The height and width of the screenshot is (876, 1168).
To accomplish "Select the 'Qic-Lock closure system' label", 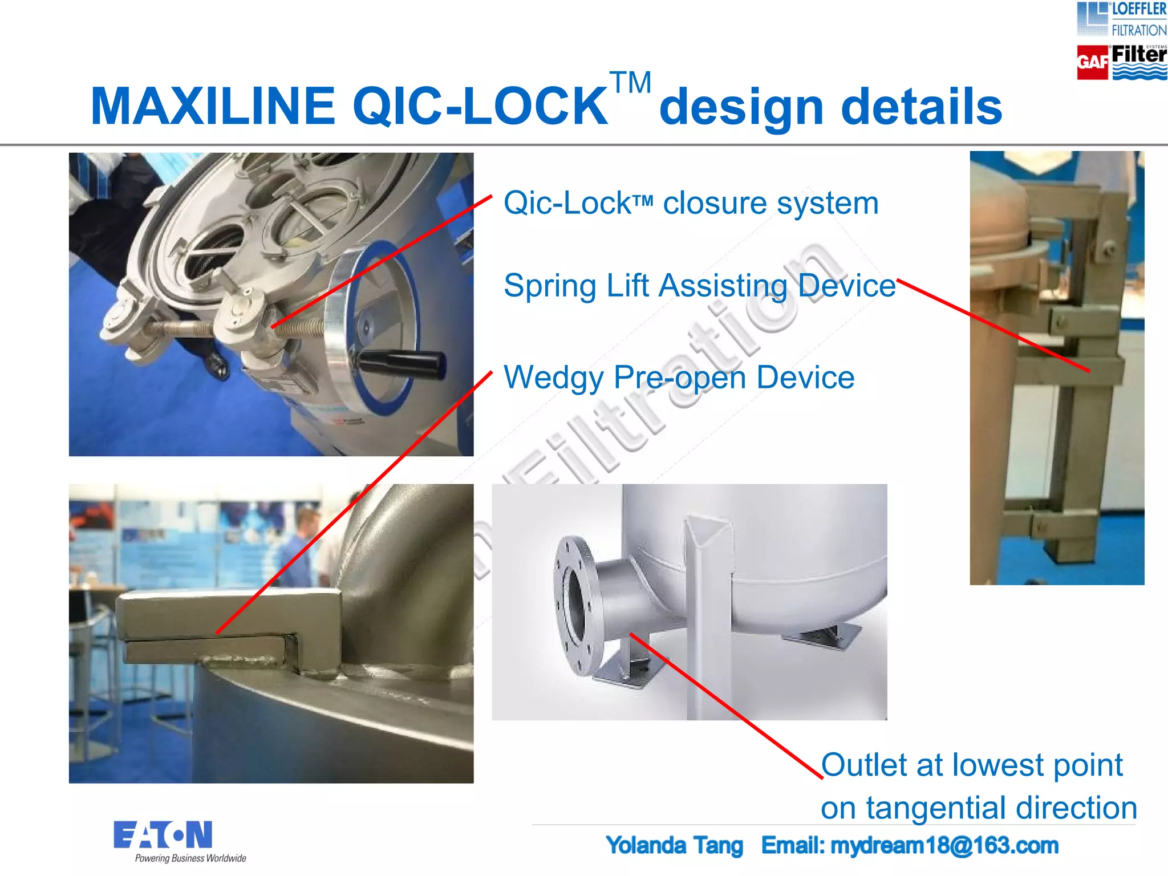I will click(691, 203).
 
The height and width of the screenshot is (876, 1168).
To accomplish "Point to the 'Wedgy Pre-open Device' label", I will click(679, 378).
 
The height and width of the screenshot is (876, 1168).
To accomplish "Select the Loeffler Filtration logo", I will click(1121, 20).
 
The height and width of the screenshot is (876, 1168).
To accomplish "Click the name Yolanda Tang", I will click(674, 846).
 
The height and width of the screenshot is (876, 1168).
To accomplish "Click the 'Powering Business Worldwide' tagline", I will click(190, 858).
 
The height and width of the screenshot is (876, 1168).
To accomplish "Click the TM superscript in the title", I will click(630, 83).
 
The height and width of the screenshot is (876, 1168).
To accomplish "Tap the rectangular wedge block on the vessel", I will click(228, 613).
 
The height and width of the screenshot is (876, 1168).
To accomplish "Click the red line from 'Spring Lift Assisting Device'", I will click(992, 326).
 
